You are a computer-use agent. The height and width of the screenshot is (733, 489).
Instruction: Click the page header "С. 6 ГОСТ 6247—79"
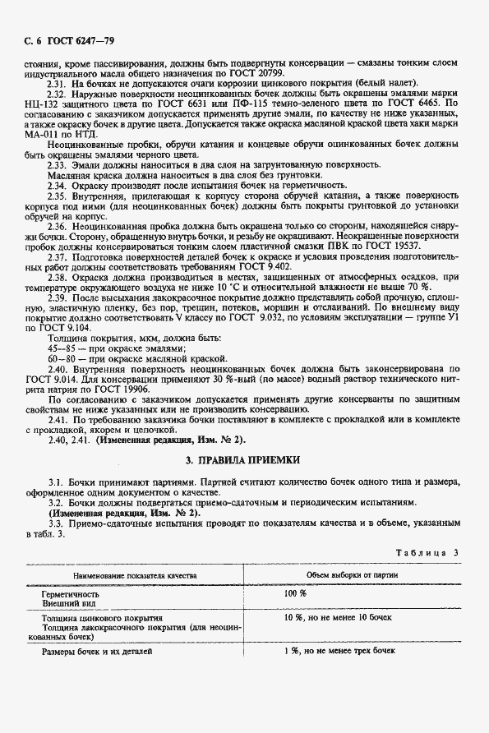[x=70, y=39]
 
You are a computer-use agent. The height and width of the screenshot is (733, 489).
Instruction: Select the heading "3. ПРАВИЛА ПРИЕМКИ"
[x=244, y=459]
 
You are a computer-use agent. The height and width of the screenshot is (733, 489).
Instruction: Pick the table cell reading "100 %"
[x=295, y=593]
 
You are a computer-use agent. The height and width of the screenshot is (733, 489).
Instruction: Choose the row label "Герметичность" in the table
[x=71, y=593]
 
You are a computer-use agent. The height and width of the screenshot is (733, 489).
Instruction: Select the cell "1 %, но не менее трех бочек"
[x=340, y=651]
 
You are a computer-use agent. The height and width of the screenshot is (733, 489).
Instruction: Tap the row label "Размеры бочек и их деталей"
[x=98, y=652]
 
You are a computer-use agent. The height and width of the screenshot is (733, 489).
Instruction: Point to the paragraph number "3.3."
[x=57, y=522]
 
